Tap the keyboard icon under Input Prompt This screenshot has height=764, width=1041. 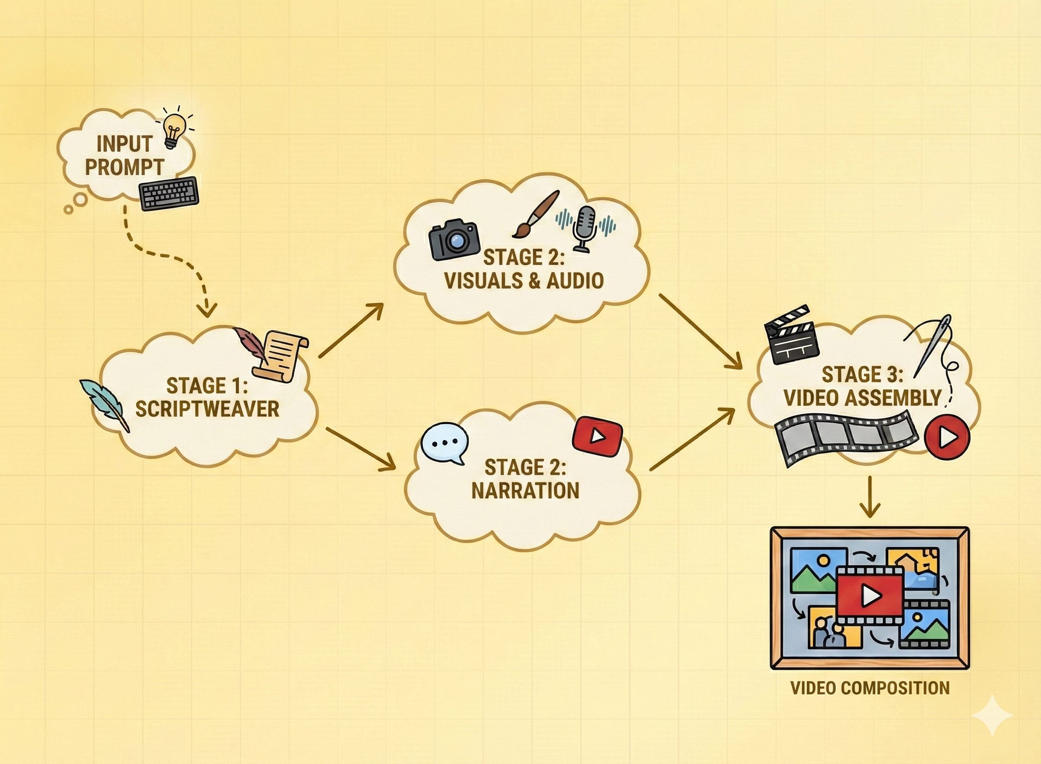[x=169, y=194]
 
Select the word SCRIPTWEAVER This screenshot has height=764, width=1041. [x=207, y=409]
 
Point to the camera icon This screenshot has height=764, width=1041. [x=454, y=239]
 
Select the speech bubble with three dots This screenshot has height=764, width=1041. [x=445, y=443]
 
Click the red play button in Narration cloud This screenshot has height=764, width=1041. [x=597, y=436]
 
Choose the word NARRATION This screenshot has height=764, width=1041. [x=525, y=491]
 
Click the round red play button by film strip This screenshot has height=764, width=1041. [x=947, y=437]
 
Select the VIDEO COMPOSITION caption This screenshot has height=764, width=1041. [x=870, y=688]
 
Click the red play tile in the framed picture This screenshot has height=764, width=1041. [x=870, y=596]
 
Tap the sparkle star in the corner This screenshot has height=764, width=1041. [x=992, y=715]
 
